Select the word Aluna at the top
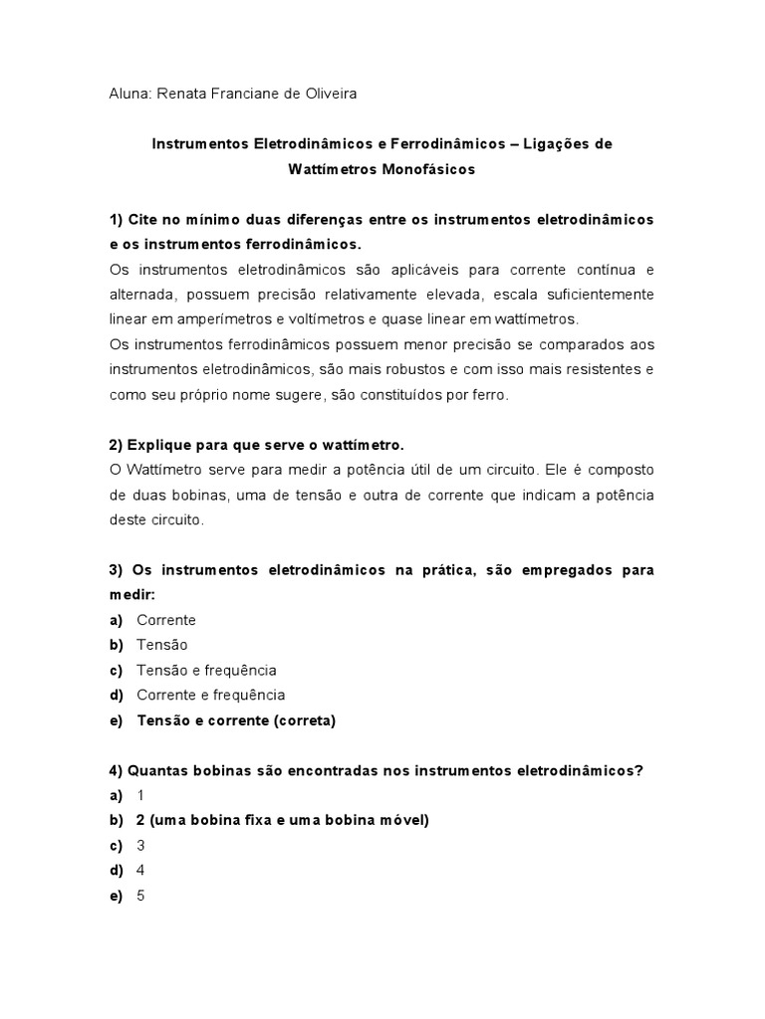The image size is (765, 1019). click(x=128, y=94)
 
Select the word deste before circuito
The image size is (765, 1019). click(x=128, y=519)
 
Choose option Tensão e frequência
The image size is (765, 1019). click(x=206, y=670)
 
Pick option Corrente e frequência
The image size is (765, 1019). click(x=210, y=695)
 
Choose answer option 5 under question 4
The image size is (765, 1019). click(x=140, y=896)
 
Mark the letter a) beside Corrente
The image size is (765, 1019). click(x=117, y=620)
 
